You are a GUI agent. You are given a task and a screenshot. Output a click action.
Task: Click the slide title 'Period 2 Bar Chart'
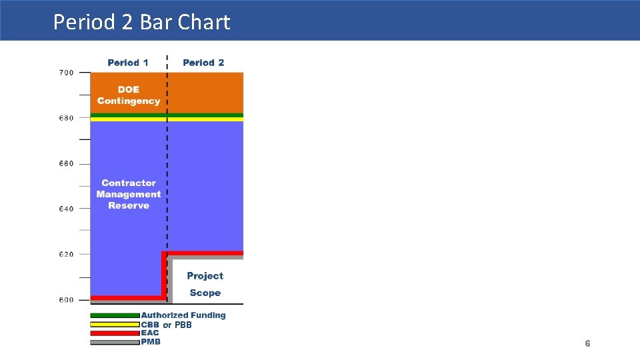141,22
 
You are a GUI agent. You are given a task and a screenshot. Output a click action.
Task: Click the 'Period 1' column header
128,63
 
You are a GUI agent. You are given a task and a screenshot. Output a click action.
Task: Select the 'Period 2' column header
203,63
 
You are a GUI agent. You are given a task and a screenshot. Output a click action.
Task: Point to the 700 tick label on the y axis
66,73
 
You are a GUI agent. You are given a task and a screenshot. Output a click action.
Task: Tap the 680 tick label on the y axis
66,118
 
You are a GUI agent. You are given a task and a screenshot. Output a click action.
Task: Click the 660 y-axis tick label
66,163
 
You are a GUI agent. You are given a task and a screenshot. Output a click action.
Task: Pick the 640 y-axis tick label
66,209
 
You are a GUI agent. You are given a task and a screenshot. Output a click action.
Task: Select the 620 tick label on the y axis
66,254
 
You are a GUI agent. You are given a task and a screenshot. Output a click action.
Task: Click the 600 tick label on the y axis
66,300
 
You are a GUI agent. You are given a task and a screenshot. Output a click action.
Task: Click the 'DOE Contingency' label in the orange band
128,95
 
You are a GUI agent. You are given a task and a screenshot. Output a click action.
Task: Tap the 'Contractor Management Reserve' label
128,194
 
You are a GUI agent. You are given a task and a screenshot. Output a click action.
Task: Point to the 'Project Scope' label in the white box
205,284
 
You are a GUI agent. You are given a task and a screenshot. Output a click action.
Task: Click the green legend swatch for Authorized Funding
115,315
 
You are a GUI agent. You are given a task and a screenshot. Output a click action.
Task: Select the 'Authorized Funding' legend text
183,315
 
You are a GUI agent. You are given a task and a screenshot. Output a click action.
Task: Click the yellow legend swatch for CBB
115,325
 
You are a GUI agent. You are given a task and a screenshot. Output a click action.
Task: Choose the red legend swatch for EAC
115,333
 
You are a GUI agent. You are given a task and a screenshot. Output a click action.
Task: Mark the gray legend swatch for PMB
115,343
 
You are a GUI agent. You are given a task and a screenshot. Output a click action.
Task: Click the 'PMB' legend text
151,342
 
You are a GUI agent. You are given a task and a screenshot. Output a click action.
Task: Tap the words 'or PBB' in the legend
177,325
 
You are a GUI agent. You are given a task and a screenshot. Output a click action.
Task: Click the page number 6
587,343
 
